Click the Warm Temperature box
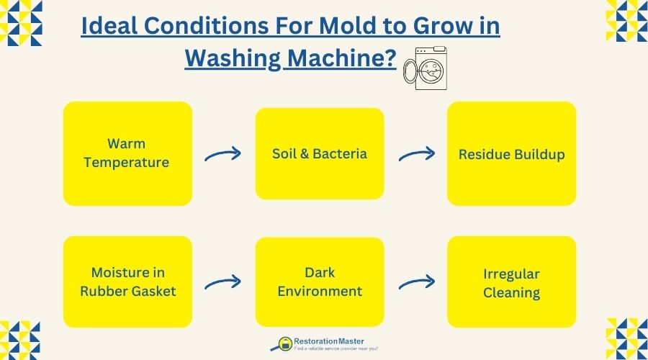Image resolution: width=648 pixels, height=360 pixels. (127, 153)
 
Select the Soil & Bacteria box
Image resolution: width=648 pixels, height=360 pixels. (320, 153)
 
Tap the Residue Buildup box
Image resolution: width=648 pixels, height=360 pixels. (511, 153)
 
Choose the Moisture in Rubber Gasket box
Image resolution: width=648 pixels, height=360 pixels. (127, 282)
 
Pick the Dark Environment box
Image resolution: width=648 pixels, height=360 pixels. (320, 282)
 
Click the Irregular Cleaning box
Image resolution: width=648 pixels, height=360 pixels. (511, 282)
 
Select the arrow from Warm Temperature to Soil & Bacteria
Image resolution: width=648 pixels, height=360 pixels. (223, 154)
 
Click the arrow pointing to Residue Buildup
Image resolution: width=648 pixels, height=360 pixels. (416, 154)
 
